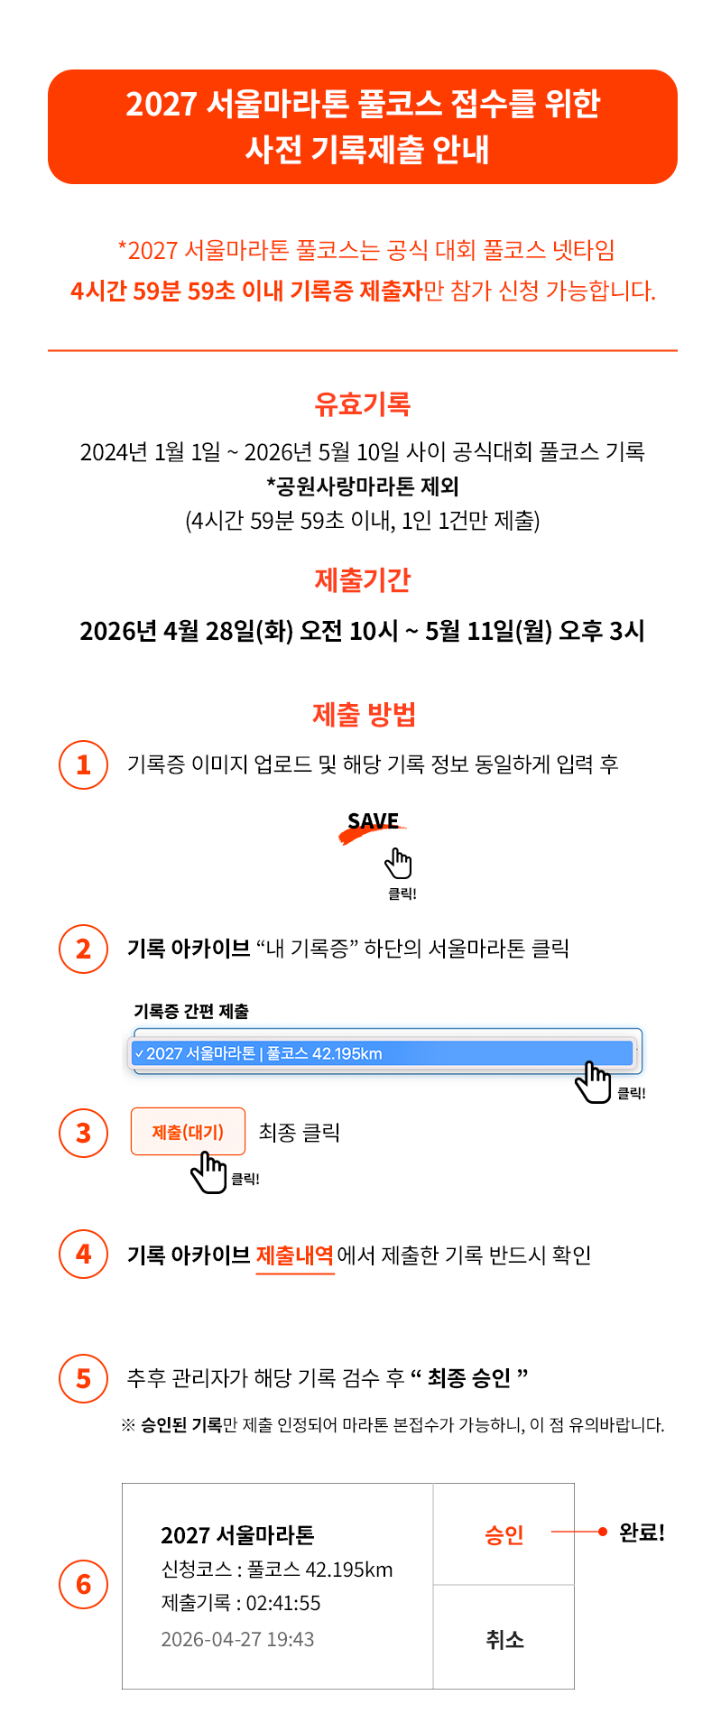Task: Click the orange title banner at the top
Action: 362,126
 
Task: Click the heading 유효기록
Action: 362,403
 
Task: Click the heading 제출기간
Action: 362,579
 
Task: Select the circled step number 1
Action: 84,764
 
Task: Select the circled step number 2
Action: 84,949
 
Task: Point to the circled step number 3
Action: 84,1132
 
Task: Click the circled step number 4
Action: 84,1254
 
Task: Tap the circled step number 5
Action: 84,1378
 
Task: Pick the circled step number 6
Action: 84,1584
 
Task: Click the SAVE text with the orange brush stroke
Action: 373,823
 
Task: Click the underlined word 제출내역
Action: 295,1255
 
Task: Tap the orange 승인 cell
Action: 504,1534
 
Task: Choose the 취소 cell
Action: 504,1637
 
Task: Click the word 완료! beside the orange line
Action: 642,1533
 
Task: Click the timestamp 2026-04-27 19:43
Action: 237,1639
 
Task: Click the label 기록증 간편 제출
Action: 191,1012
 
